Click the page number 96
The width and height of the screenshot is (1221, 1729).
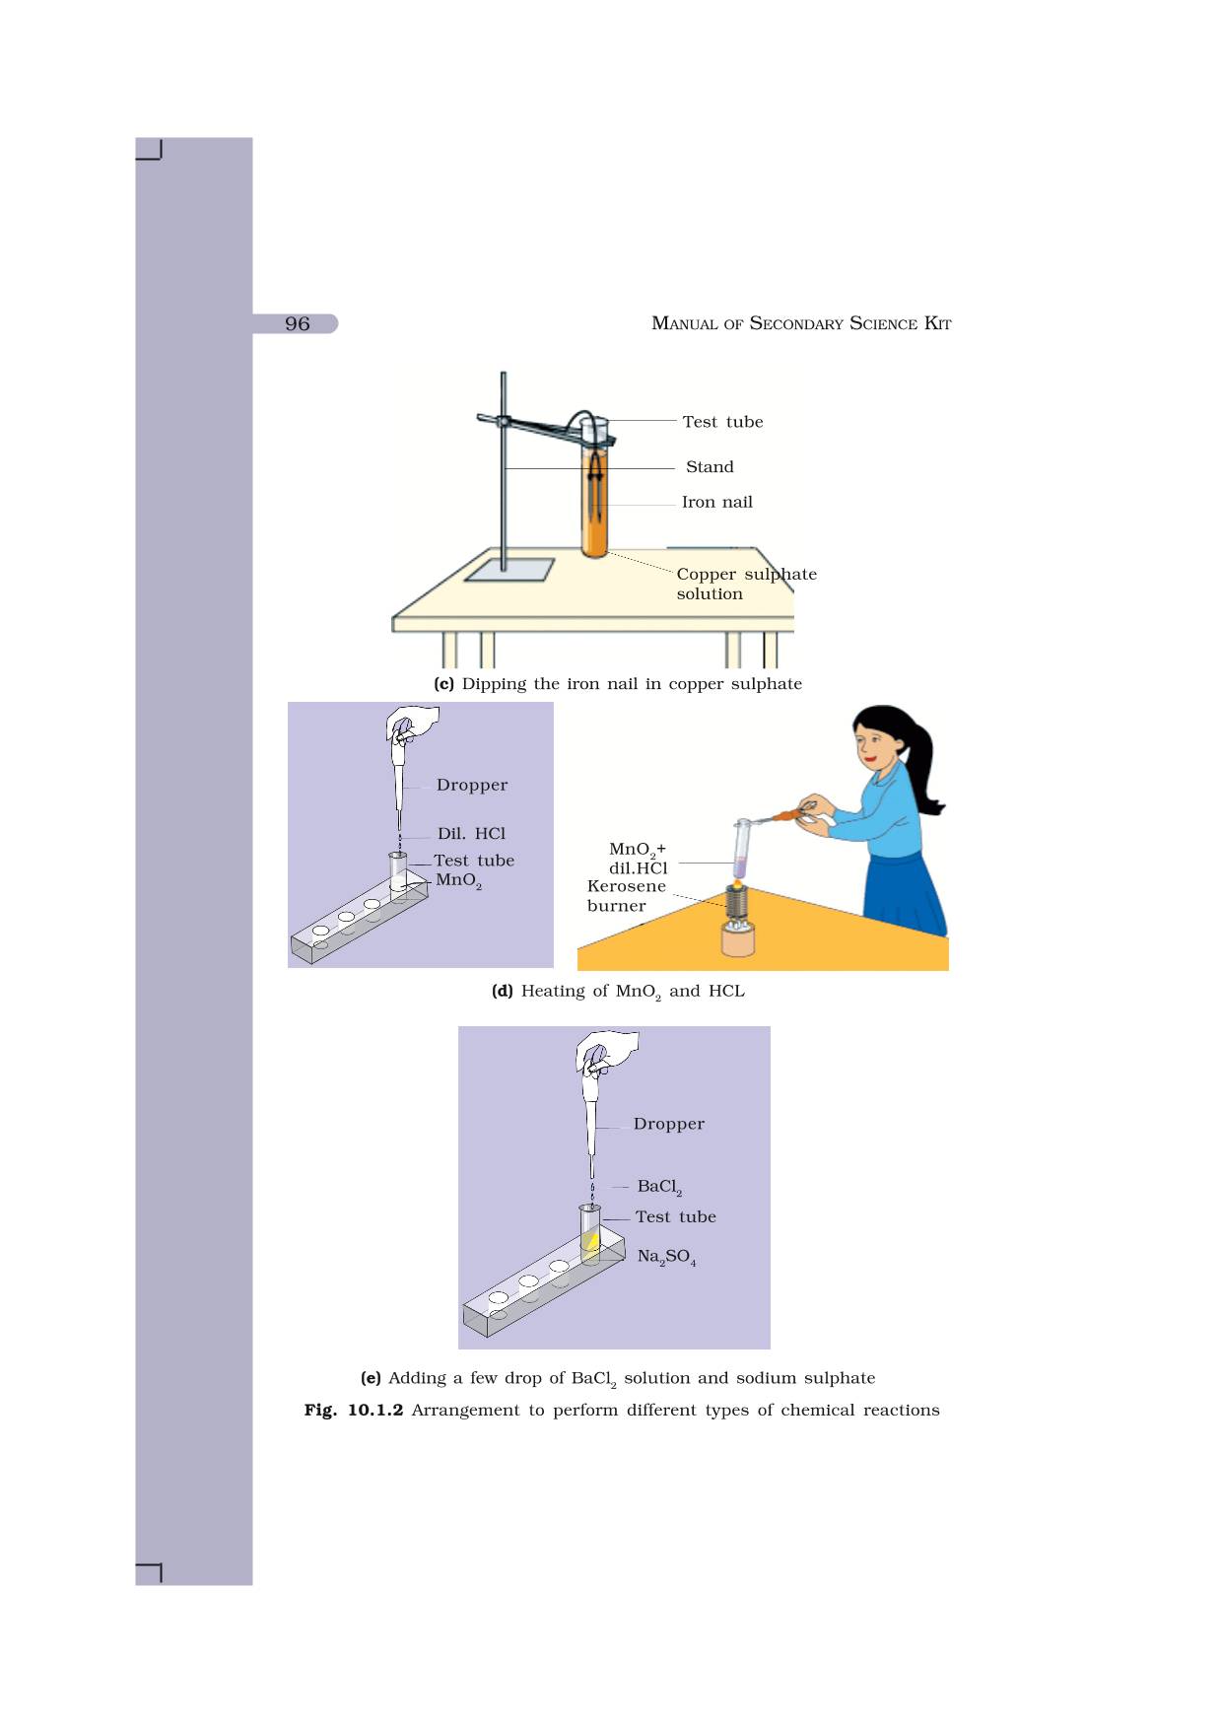point(297,324)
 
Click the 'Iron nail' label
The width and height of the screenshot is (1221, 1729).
point(716,503)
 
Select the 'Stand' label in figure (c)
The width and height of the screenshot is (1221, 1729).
point(710,467)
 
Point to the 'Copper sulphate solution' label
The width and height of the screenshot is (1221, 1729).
point(745,585)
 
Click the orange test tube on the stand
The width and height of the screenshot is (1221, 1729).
point(594,503)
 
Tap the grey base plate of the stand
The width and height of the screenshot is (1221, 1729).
point(509,570)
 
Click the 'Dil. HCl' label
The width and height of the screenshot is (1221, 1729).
point(471,834)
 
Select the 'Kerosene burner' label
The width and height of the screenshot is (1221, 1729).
point(626,896)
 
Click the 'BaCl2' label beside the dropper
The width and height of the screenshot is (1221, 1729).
point(659,1187)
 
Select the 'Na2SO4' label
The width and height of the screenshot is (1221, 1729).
point(666,1257)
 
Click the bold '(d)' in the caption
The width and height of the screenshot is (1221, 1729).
point(503,991)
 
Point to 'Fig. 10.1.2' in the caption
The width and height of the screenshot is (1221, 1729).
point(354,1411)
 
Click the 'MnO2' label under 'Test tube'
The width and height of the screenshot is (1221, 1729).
point(458,880)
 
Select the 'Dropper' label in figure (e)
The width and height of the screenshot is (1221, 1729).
point(668,1124)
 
